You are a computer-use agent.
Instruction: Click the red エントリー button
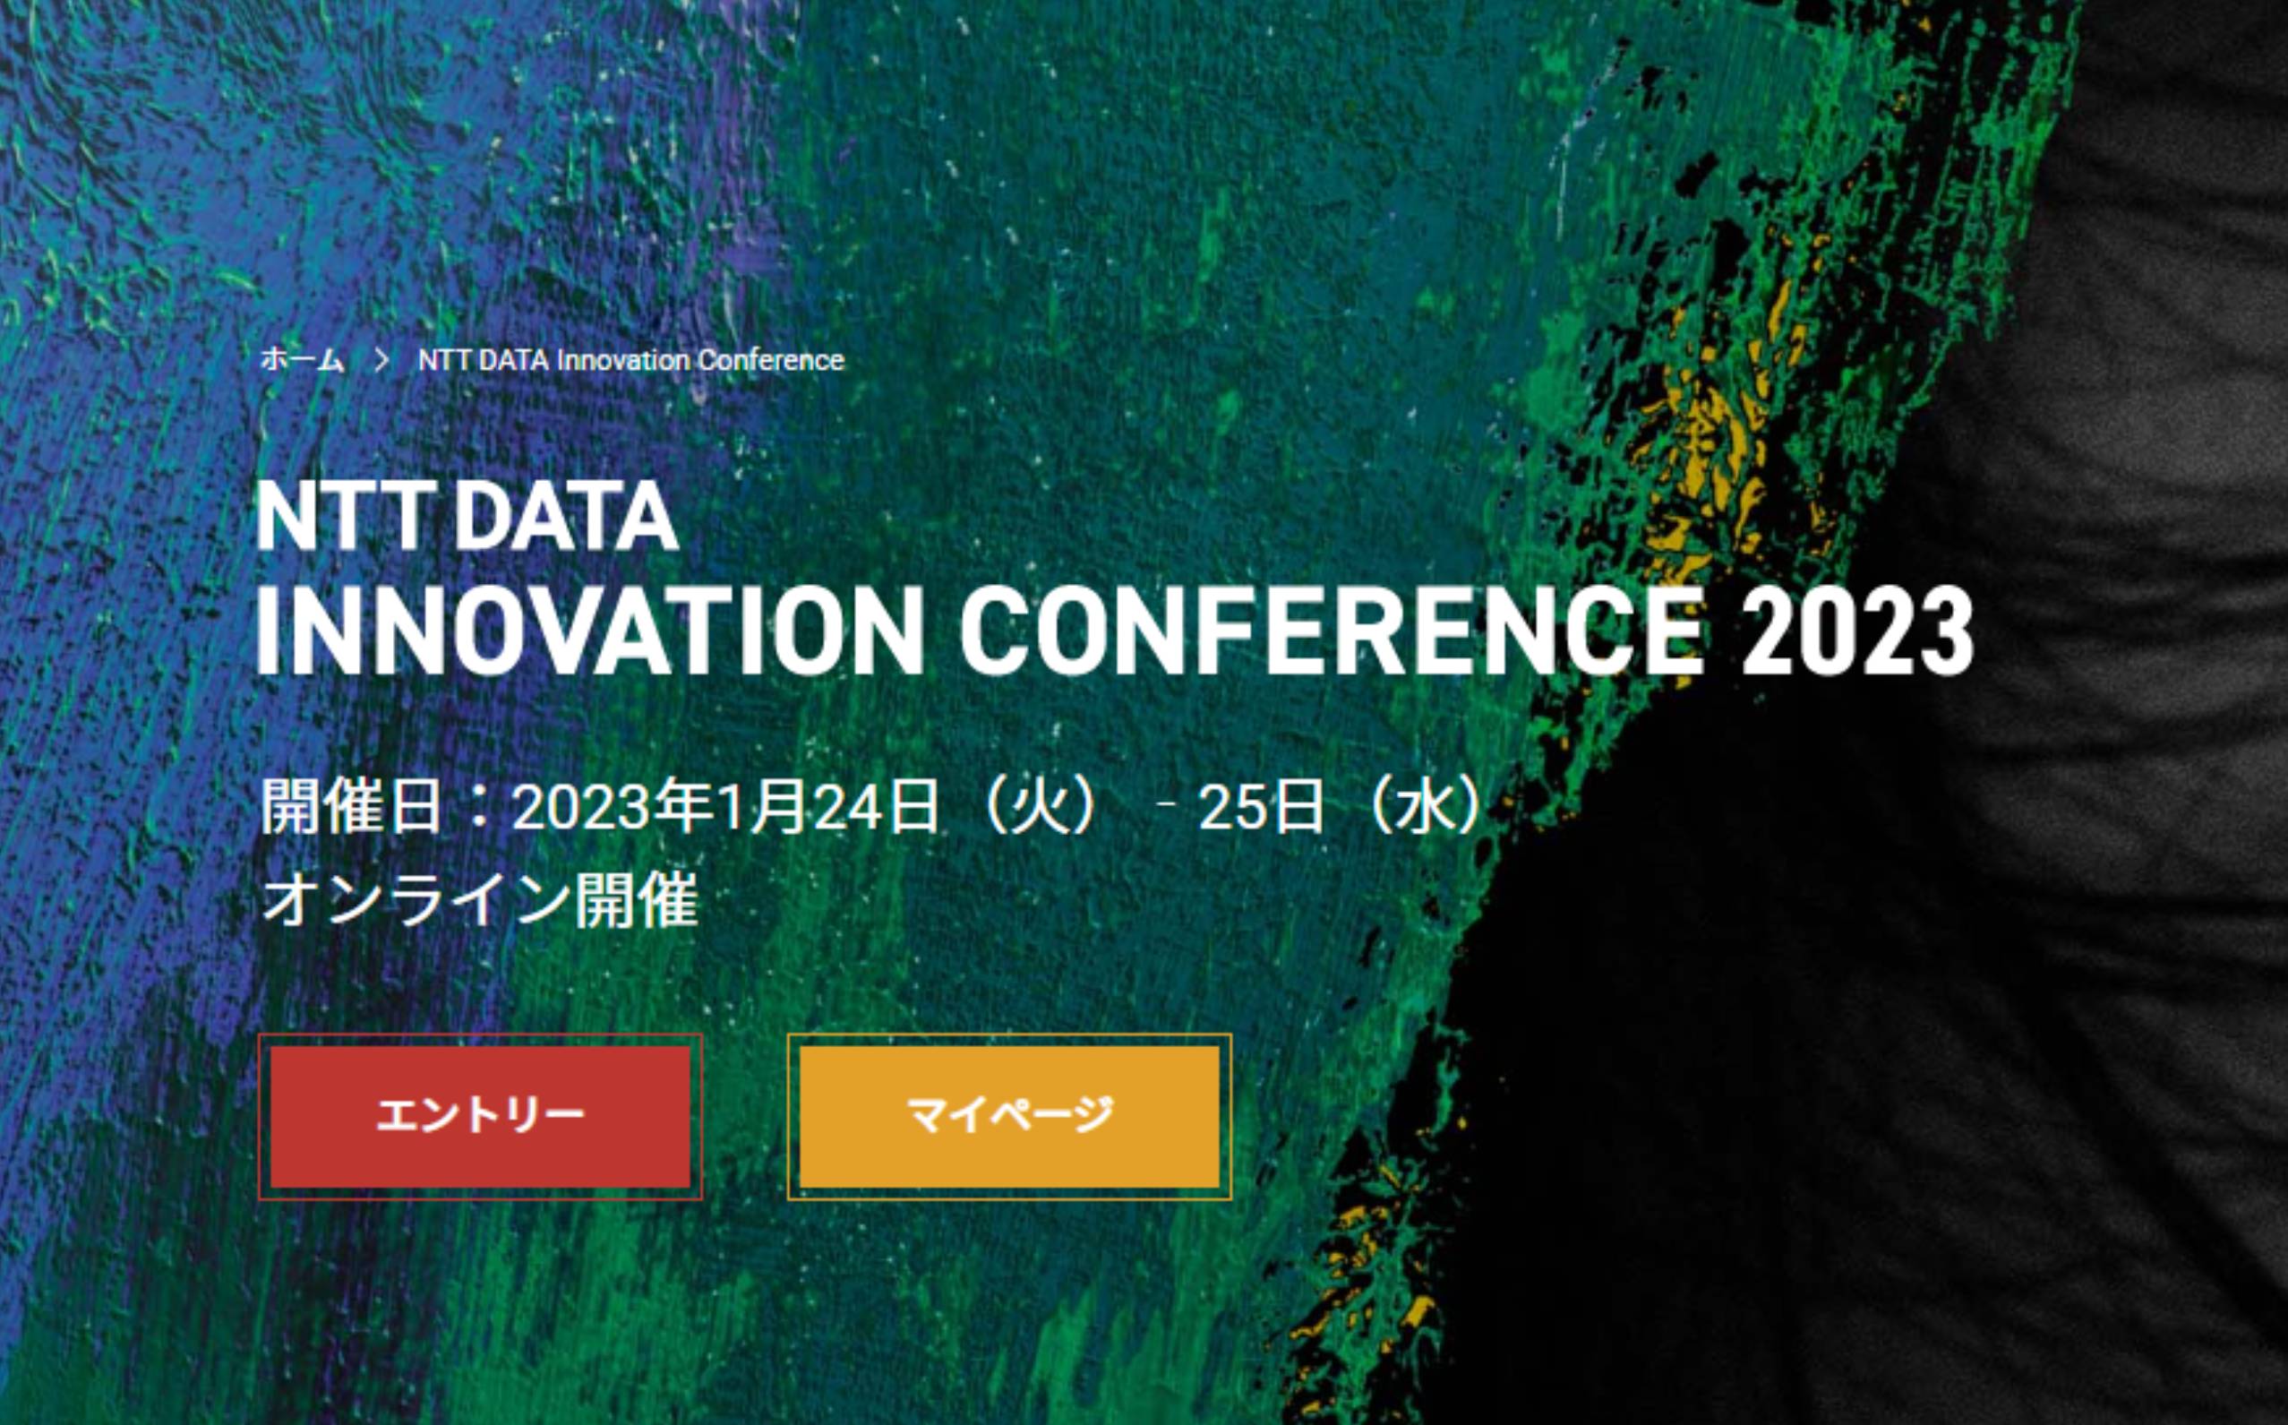tap(480, 1117)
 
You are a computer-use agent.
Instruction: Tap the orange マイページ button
tap(1009, 1117)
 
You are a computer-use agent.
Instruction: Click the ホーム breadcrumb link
tap(302, 360)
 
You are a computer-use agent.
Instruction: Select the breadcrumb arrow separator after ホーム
tap(381, 360)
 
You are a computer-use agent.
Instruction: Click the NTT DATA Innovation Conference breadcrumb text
tap(631, 360)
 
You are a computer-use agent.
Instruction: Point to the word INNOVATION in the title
tap(590, 631)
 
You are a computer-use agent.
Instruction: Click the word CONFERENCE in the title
tap(1333, 631)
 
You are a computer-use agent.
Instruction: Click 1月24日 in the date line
tap(827, 808)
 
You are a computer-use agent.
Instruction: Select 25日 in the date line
tap(1261, 808)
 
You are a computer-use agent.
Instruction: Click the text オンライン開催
tap(480, 900)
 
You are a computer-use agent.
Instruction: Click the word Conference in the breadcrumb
tap(771, 360)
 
